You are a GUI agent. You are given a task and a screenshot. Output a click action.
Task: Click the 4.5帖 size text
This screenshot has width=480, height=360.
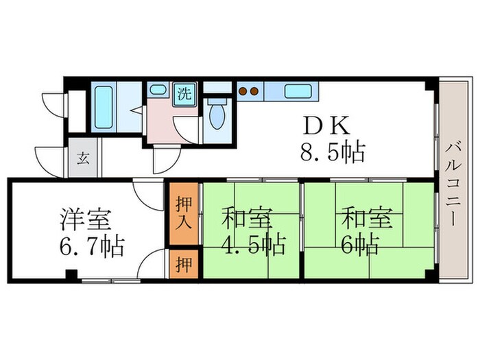(254, 243)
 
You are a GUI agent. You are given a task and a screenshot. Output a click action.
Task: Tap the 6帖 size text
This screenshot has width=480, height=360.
(360, 243)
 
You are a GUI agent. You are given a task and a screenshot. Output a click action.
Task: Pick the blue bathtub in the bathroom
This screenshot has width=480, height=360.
(104, 110)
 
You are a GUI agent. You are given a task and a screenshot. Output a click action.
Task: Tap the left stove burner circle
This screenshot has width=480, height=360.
(243, 91)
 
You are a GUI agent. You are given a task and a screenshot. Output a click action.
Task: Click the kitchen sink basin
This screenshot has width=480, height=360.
(297, 91)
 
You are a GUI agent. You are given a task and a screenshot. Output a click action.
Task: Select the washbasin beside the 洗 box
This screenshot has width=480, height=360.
(158, 91)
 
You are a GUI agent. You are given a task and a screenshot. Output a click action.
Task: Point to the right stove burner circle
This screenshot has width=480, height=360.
(253, 91)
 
